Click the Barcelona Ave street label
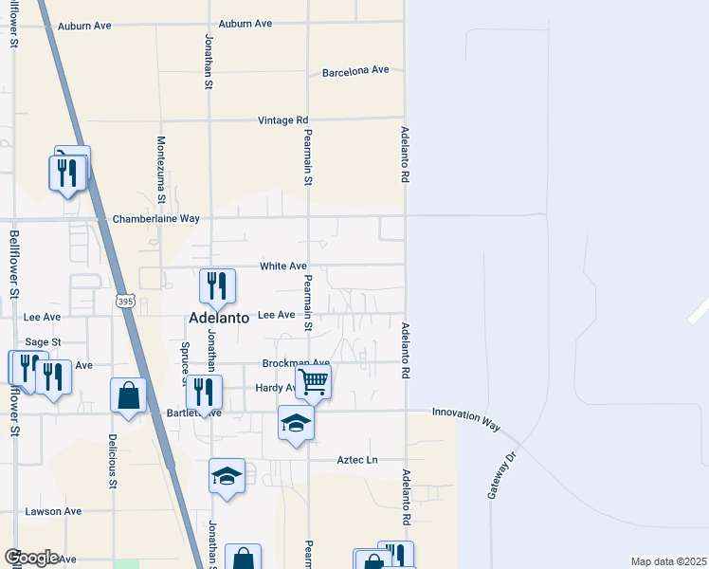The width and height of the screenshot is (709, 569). [355, 71]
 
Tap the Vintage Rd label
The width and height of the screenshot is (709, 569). [283, 120]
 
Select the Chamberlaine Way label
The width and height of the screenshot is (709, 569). [156, 218]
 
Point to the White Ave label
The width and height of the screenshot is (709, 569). [283, 266]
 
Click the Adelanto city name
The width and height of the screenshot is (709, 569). [219, 319]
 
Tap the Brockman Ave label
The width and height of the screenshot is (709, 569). [296, 363]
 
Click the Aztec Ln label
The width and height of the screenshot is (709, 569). [357, 460]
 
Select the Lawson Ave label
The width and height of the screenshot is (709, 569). [53, 511]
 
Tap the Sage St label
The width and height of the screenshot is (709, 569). [43, 341]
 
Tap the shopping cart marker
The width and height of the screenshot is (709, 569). [313, 382]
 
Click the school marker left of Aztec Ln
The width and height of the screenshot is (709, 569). [227, 474]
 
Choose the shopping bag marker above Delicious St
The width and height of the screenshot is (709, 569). [128, 395]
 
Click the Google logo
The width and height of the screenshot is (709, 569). [31, 558]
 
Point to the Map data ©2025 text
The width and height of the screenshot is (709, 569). [668, 561]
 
